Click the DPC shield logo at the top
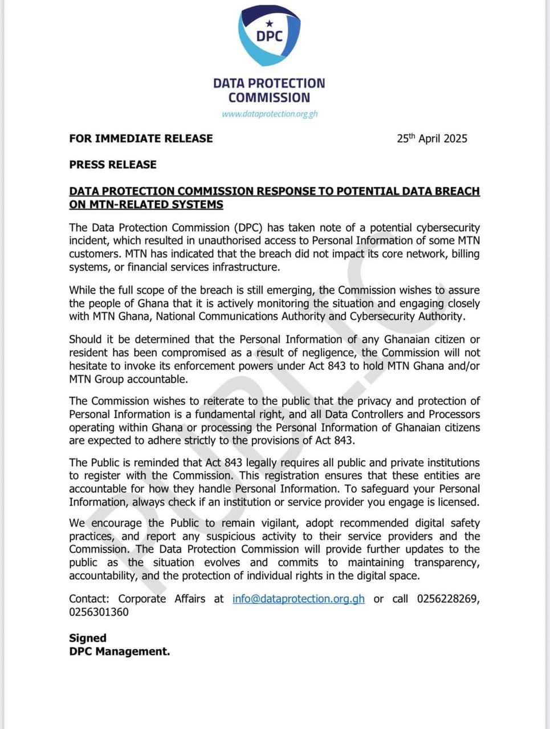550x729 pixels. click(x=269, y=35)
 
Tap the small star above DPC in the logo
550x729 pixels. click(x=270, y=23)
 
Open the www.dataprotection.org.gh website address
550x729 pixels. click(x=270, y=114)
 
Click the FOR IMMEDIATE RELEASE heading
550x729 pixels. click(x=141, y=138)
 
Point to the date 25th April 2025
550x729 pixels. click(x=432, y=138)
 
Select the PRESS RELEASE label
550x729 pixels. click(x=113, y=165)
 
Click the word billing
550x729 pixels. click(x=466, y=254)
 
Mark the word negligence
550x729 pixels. click(x=326, y=353)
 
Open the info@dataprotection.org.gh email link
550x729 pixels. click(x=298, y=599)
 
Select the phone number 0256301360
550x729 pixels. click(x=99, y=612)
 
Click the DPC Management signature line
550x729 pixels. click(x=119, y=652)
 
